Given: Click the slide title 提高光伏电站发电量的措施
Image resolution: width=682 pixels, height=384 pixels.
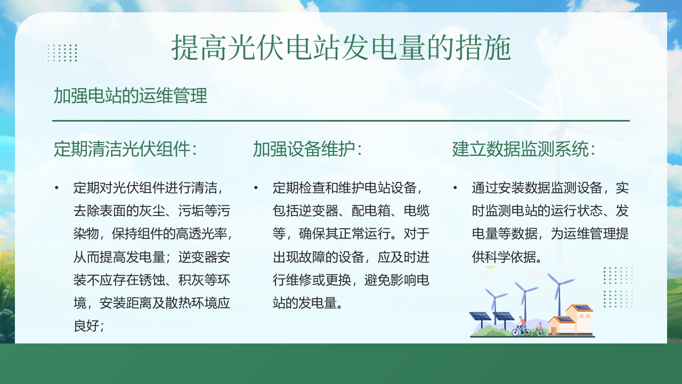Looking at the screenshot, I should point(341,49).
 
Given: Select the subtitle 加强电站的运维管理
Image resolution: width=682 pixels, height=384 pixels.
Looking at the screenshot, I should point(130,96).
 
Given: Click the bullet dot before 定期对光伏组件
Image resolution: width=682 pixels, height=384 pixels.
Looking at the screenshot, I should point(56,188).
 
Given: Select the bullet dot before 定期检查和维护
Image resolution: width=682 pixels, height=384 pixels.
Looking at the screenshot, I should point(256,188).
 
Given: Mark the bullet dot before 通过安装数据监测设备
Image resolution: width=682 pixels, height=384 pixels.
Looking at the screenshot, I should point(455,188).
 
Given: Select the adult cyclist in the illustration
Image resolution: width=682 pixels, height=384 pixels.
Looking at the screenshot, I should point(522,325).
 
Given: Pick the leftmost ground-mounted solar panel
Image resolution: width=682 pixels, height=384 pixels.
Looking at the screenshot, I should point(481,316).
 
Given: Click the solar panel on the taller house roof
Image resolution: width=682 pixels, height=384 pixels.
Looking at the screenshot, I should point(582,308).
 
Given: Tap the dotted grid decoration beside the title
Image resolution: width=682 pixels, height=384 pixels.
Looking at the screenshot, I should point(60,53).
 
